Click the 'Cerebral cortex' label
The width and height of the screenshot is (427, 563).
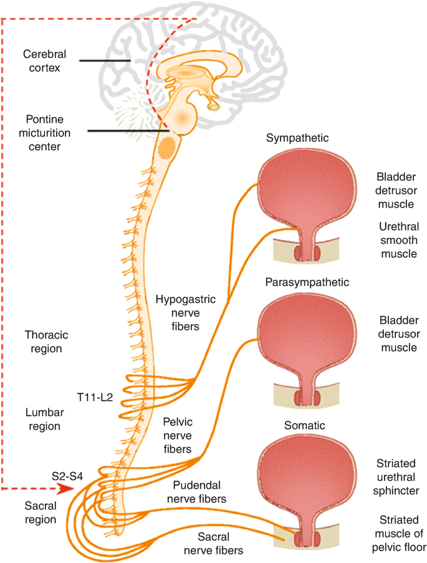tap(44, 61)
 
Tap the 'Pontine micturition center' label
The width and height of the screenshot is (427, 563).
tap(44, 133)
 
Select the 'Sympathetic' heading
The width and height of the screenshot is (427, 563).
tap(297, 138)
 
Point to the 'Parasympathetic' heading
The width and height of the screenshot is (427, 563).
tap(307, 282)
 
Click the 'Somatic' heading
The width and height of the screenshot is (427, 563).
tap(305, 425)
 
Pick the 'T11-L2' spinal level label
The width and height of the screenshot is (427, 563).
tap(95, 397)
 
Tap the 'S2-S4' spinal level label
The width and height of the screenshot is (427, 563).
tap(67, 476)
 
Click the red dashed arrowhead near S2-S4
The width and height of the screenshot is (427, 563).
tap(65, 489)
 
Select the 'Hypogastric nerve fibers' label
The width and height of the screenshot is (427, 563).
tap(185, 313)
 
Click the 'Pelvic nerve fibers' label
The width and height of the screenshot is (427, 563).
tap(178, 435)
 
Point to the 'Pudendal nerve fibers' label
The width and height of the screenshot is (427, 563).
tap(197, 492)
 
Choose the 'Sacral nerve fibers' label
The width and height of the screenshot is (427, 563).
tap(213, 544)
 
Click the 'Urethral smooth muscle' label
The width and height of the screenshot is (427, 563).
tap(398, 240)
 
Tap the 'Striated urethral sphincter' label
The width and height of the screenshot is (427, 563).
tap(396, 477)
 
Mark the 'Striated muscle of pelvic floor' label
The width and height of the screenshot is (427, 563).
tap(398, 534)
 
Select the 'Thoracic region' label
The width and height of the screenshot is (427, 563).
tap(46, 342)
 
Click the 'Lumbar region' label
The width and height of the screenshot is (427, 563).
tap(44, 420)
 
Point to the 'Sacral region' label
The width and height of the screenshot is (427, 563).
tap(41, 512)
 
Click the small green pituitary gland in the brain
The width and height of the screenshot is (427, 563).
tap(214, 107)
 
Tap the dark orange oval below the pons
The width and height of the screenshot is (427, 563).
tap(167, 147)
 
